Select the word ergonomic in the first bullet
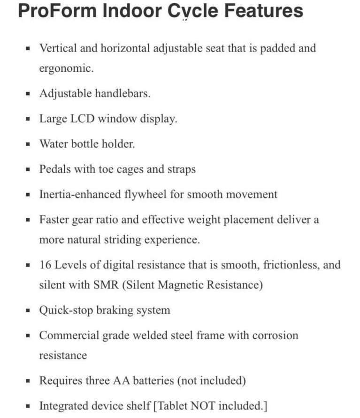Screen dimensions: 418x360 point(65,68)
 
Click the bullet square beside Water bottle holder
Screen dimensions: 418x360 point(29,144)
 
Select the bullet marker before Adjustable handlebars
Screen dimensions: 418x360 point(29,94)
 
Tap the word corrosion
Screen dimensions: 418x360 point(275,335)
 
